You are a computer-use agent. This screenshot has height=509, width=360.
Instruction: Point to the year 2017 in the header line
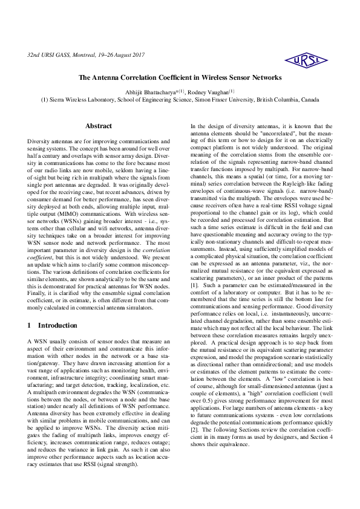coord(137,55)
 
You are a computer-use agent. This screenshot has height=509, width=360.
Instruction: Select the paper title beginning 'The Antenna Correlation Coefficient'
coord(180,78)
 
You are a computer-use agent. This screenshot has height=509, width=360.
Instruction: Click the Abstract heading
coord(98,126)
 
